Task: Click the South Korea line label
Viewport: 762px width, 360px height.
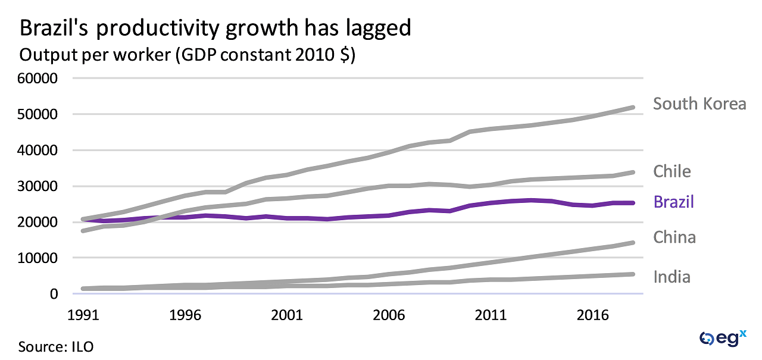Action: [x=699, y=104]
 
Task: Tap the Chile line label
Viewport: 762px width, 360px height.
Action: [x=672, y=172]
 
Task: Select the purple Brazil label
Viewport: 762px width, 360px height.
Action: [x=674, y=202]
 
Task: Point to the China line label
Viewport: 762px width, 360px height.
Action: [x=674, y=237]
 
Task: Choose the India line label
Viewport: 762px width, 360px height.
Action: [x=672, y=277]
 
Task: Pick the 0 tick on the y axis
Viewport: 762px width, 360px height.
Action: [x=53, y=294]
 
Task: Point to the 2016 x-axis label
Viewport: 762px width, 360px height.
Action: [x=592, y=314]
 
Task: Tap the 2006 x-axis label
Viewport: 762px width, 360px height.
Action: [x=390, y=314]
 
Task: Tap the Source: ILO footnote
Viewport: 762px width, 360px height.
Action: [x=56, y=346]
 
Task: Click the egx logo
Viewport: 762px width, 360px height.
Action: [x=723, y=339]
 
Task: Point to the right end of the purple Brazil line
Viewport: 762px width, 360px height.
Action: [x=633, y=203]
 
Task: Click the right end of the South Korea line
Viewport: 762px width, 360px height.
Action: [x=633, y=108]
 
